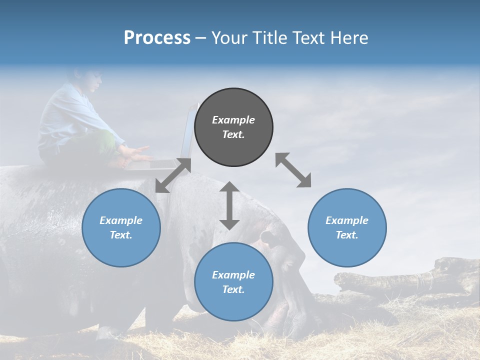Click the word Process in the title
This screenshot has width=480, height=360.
pyautogui.click(x=157, y=38)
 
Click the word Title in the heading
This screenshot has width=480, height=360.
pyautogui.click(x=269, y=38)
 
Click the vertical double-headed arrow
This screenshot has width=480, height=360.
pyautogui.click(x=229, y=205)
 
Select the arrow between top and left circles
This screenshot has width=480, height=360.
pyautogui.click(x=173, y=175)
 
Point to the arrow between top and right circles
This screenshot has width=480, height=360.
pyautogui.click(x=293, y=170)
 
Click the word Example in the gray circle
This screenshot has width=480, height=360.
pyautogui.click(x=233, y=120)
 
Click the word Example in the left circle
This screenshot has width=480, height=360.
pyautogui.click(x=121, y=220)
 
